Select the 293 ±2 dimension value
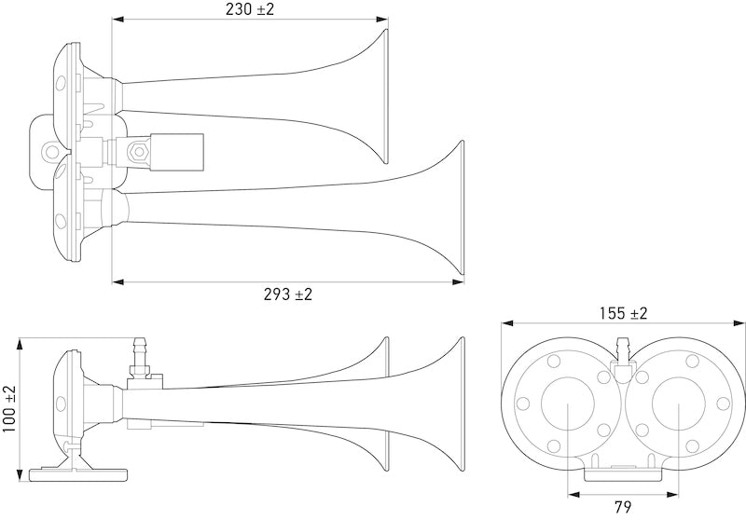[x=287, y=294]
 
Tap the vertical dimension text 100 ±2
[x=9, y=408]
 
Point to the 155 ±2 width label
[x=622, y=313]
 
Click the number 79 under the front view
[x=624, y=509]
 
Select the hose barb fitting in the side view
[x=142, y=352]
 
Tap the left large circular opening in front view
[x=569, y=408]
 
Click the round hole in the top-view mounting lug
[x=47, y=145]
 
